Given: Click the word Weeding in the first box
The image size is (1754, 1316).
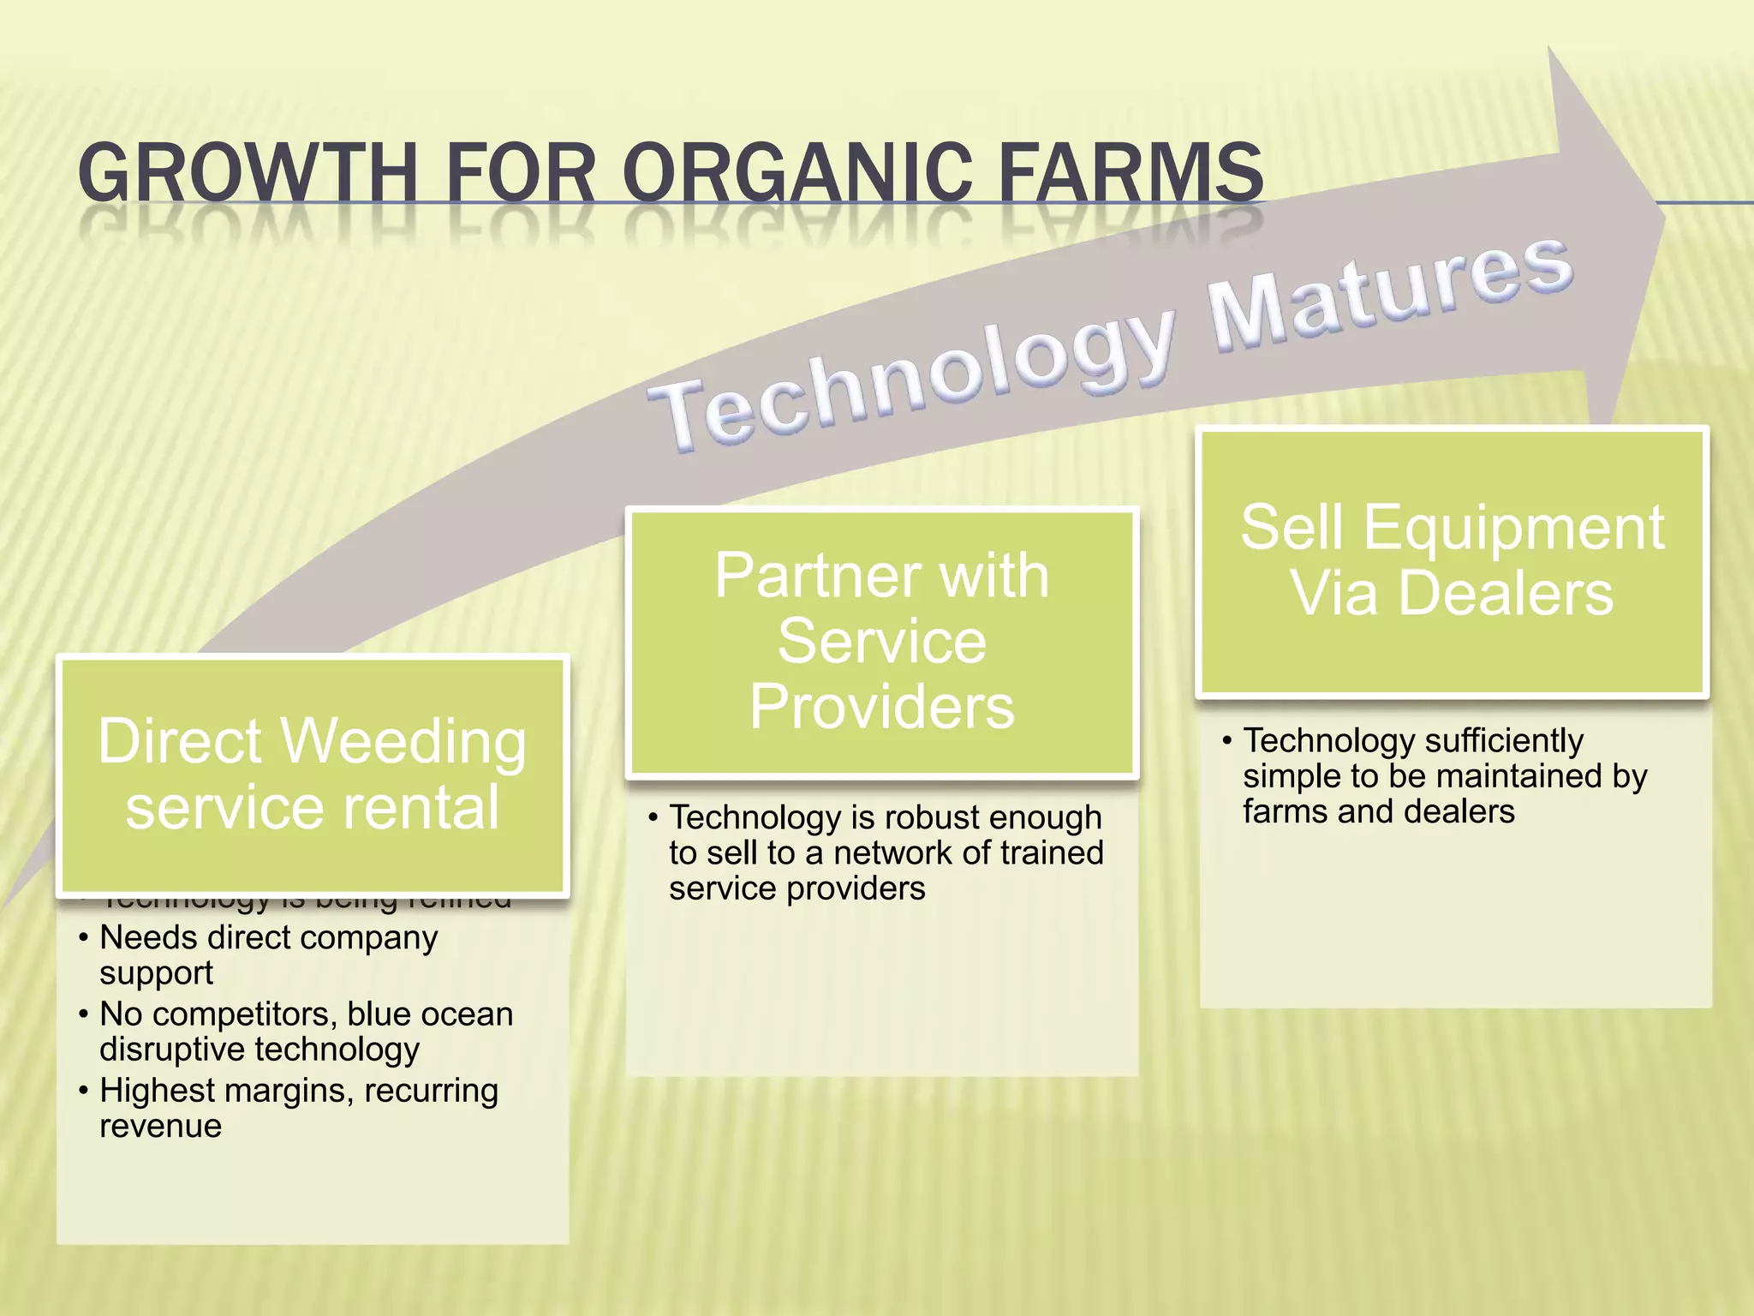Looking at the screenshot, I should click(x=403, y=741).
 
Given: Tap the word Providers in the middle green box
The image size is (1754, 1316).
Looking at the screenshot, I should click(x=882, y=707).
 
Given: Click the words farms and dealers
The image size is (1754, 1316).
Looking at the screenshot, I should click(x=1378, y=811).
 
